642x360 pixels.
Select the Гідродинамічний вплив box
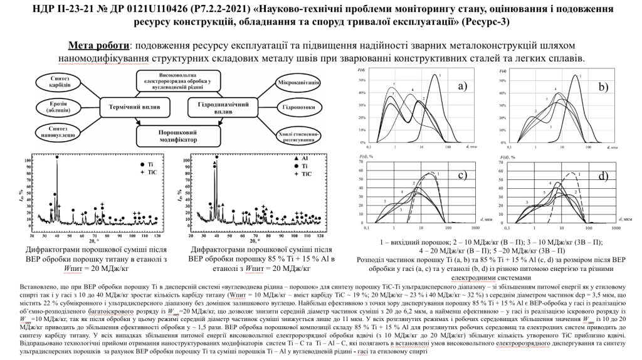point(219,107)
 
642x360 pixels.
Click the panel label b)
point(604,87)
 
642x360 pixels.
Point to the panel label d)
point(603,176)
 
